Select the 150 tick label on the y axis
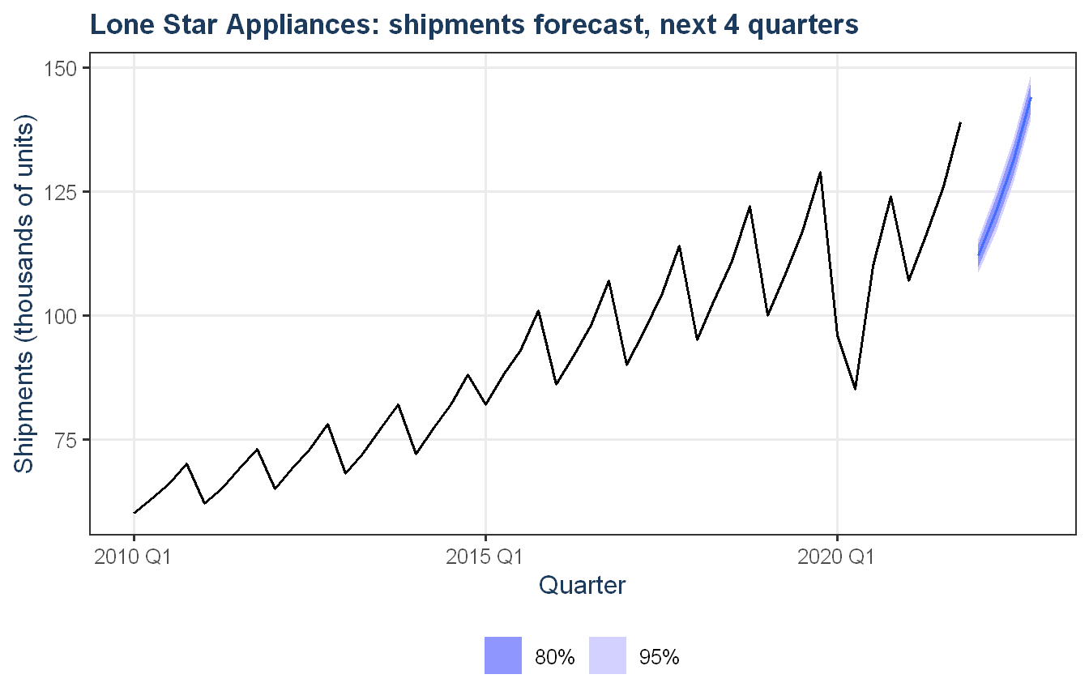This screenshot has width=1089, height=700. coord(60,69)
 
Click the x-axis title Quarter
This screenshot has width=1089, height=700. coord(582,585)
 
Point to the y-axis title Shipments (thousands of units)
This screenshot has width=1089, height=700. coord(23,293)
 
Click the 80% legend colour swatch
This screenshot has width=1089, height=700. coord(503,655)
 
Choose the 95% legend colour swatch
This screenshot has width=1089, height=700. coord(608,655)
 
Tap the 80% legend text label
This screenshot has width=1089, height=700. coord(555,657)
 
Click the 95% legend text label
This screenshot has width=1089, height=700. coord(660,657)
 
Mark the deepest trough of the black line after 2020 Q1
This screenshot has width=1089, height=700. coord(855,389)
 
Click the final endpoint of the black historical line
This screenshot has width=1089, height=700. coord(961,122)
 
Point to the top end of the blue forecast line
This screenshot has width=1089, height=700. coord(1031,99)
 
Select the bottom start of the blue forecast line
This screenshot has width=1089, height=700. coord(979,254)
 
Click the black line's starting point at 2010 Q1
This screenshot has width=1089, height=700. coord(135,513)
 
